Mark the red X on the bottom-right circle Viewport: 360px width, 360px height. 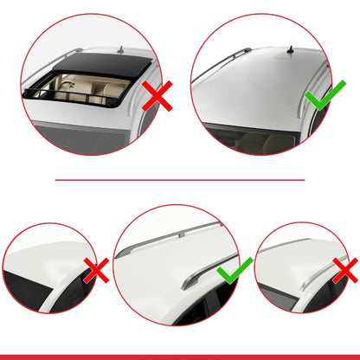344,272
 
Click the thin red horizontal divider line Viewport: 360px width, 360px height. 180,180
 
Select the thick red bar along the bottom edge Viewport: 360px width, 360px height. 180,356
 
